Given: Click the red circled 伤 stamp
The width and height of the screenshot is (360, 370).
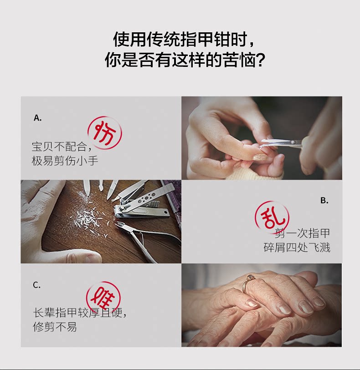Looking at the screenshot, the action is pyautogui.click(x=105, y=133).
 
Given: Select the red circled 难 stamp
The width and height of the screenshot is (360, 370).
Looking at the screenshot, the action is pyautogui.click(x=103, y=298).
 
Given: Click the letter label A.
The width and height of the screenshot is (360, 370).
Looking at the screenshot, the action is pyautogui.click(x=37, y=117).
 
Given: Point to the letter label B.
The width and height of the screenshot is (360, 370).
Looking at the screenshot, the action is pyautogui.click(x=324, y=200).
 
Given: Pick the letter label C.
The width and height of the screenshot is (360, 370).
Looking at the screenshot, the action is pyautogui.click(x=36, y=285).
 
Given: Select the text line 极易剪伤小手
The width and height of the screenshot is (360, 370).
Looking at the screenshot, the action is pyautogui.click(x=65, y=161).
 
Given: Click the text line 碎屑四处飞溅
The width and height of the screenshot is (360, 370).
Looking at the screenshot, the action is pyautogui.click(x=297, y=248).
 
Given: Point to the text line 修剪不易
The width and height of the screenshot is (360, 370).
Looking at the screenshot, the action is pyautogui.click(x=55, y=327).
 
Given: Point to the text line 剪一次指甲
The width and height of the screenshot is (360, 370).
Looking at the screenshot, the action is pyautogui.click(x=303, y=233).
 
